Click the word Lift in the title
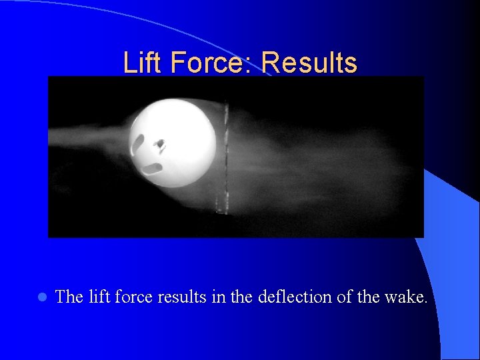click(141, 63)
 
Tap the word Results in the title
click(309, 63)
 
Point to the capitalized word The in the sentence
click(69, 297)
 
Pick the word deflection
click(295, 297)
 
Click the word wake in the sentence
click(403, 297)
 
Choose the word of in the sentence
click(344, 297)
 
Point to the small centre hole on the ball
click(160, 143)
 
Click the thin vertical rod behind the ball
click(225, 160)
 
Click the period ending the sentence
click(425, 302)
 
